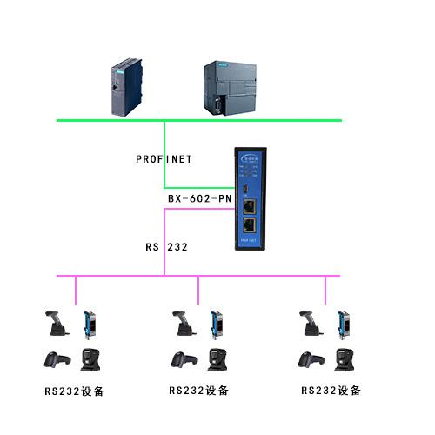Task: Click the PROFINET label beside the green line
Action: click(164, 159)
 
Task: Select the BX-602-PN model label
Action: click(199, 199)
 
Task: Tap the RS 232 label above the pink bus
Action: click(167, 247)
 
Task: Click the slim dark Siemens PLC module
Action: click(124, 87)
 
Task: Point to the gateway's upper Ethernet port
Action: click(250, 207)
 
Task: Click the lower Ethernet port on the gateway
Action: click(250, 227)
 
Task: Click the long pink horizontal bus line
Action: click(261, 276)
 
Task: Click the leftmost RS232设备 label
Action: click(75, 391)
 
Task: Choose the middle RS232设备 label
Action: click(198, 391)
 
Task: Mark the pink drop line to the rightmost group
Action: click(326, 290)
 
